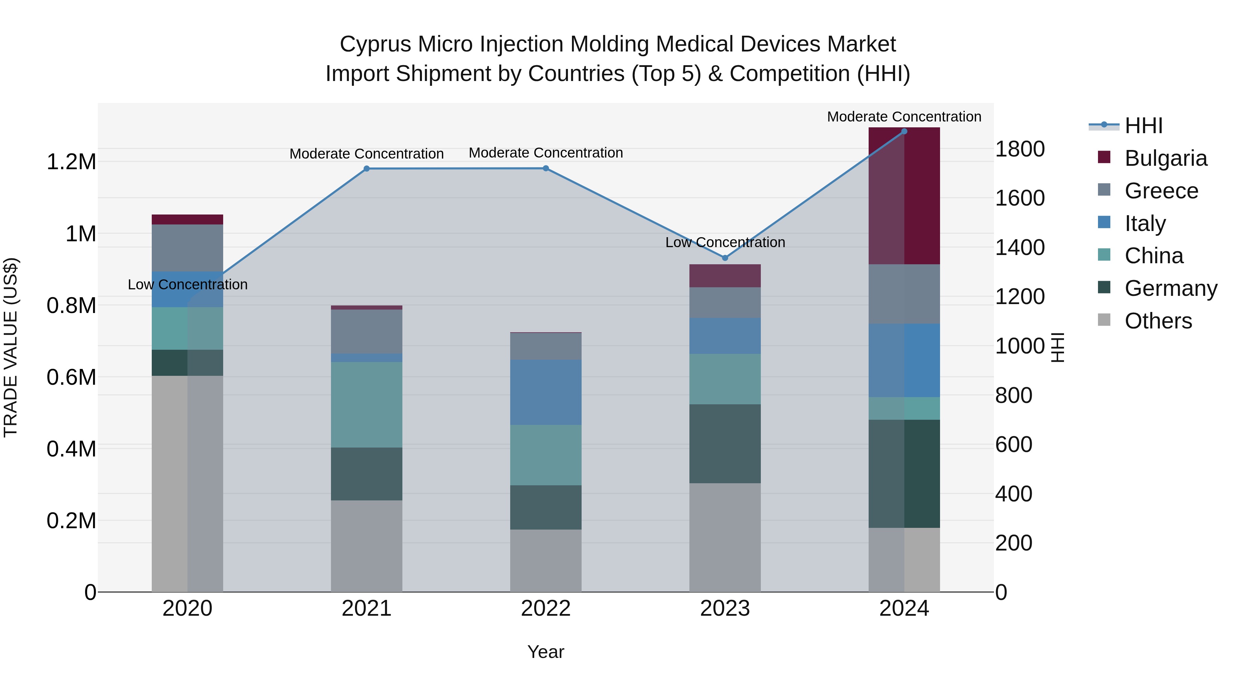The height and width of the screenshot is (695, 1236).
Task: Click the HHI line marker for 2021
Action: click(x=367, y=169)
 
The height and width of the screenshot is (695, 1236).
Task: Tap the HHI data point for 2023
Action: click(x=725, y=258)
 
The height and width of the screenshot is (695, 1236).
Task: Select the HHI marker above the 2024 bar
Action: click(x=904, y=131)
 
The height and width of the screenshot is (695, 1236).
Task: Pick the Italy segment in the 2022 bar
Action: click(x=546, y=392)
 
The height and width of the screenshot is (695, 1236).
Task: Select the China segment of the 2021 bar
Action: click(x=367, y=405)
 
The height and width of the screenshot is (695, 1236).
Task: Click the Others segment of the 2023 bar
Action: click(x=725, y=537)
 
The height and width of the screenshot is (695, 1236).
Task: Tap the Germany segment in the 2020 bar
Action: click(x=187, y=363)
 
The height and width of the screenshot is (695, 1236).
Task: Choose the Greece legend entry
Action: click(x=1161, y=191)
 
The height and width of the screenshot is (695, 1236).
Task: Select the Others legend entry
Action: click(x=1158, y=321)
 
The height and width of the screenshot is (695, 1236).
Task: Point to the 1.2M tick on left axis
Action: click(x=71, y=162)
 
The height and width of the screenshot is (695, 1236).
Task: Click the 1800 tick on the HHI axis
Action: click(x=1020, y=149)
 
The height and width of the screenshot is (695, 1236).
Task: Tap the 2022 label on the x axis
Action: click(x=546, y=609)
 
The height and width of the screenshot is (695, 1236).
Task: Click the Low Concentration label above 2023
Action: click(x=725, y=242)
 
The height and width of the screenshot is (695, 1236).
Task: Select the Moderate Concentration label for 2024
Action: click(x=904, y=117)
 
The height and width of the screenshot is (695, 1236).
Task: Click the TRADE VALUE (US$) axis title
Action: click(x=11, y=347)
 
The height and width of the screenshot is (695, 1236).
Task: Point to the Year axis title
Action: click(x=546, y=652)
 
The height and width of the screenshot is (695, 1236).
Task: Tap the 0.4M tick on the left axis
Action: click(x=71, y=449)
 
